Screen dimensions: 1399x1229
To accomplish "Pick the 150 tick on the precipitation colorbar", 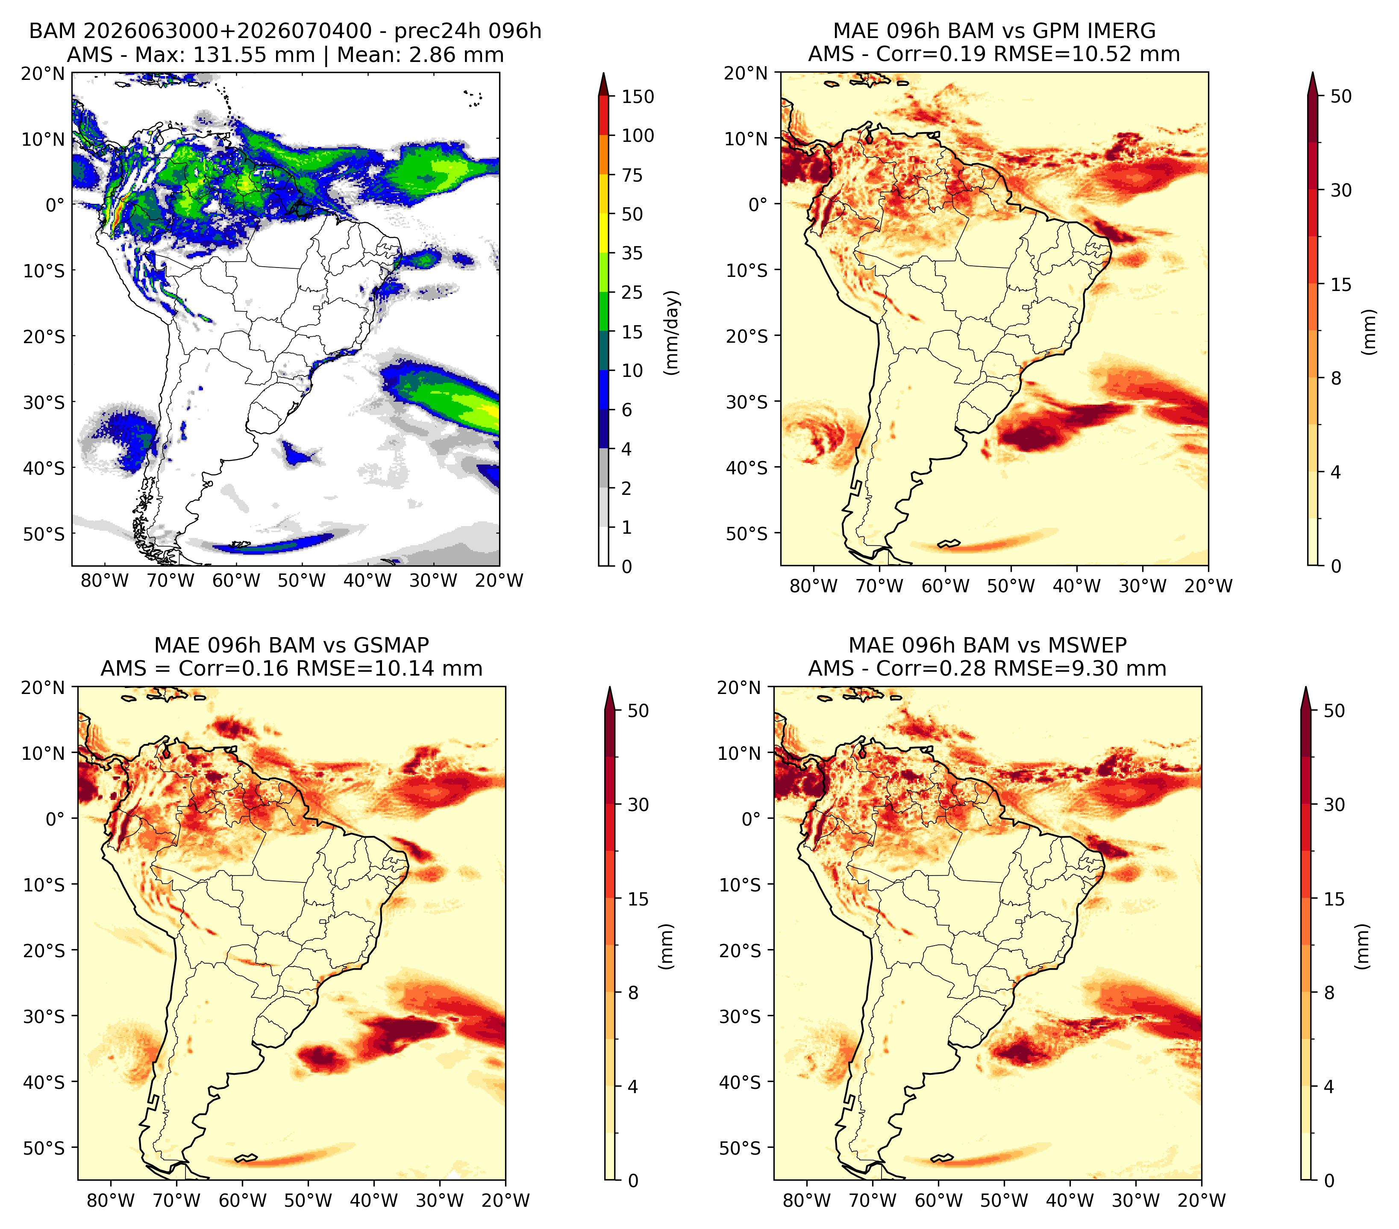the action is click(x=638, y=97).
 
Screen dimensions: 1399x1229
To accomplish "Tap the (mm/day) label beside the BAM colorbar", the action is click(x=672, y=332).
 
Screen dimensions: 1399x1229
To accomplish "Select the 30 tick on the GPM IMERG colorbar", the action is click(x=1341, y=190).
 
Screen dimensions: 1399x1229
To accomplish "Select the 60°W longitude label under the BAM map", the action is click(x=236, y=581).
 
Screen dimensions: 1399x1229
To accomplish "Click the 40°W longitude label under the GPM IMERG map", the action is click(x=1077, y=586).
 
